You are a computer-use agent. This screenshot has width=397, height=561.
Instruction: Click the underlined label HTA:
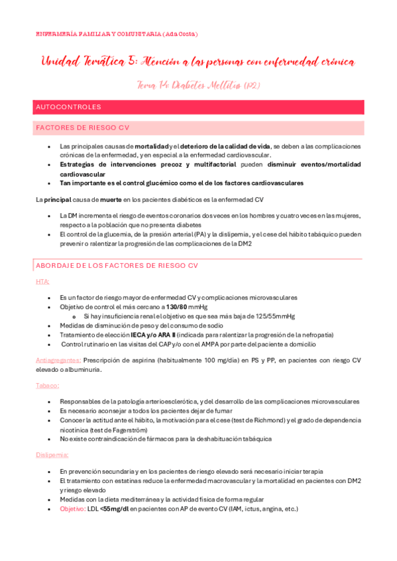[42, 282]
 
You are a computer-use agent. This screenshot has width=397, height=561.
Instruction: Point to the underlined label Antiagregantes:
[58, 361]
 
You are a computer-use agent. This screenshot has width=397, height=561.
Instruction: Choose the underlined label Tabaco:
[47, 385]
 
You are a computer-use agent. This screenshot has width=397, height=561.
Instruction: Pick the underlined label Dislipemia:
[52, 455]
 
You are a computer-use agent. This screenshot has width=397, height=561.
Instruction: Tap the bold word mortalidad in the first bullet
[151, 146]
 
